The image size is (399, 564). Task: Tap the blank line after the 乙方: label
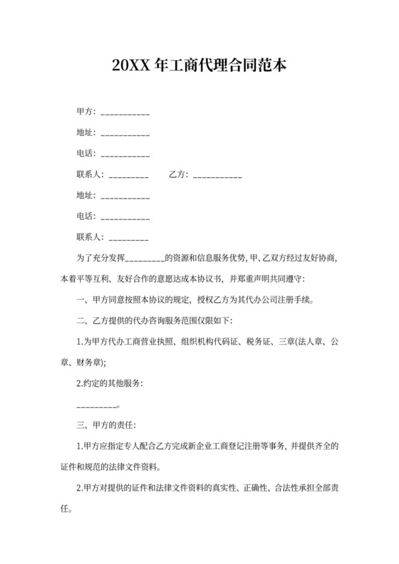(x=217, y=174)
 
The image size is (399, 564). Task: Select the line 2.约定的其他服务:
(x=109, y=384)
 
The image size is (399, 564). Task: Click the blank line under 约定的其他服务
(x=96, y=405)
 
